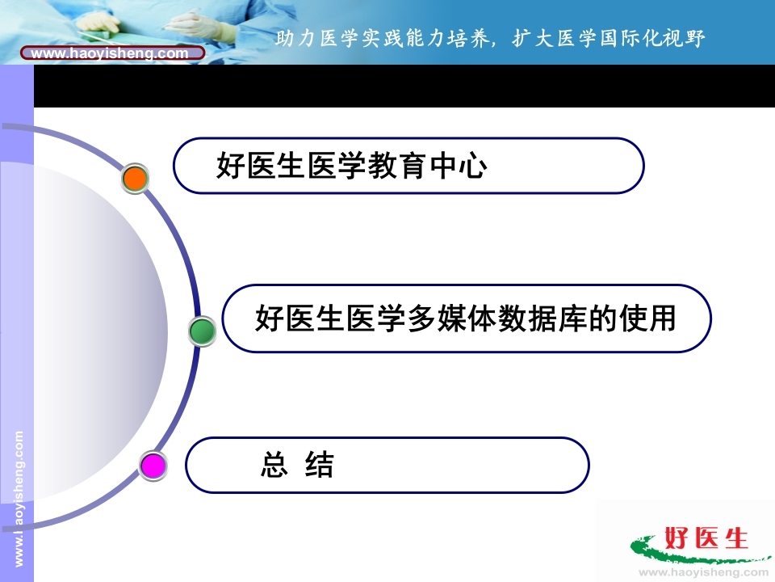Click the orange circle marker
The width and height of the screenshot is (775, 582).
click(135, 179)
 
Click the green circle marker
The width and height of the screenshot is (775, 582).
click(202, 331)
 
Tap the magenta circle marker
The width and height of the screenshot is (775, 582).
click(153, 466)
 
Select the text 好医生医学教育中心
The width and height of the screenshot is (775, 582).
click(352, 165)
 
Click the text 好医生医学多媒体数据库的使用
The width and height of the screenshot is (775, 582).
click(466, 318)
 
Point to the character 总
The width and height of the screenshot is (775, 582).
click(274, 465)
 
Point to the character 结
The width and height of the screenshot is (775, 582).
click(320, 465)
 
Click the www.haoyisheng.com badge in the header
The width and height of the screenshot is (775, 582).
click(113, 53)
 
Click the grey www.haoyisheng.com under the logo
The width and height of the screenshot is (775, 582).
click(704, 572)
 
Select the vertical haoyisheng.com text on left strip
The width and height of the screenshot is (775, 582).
click(19, 498)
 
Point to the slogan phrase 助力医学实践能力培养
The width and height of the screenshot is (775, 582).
click(383, 39)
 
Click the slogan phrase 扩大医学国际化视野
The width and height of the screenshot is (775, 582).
click(609, 39)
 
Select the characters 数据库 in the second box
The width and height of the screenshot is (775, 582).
click(542, 318)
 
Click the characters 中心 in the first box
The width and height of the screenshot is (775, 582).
click(459, 165)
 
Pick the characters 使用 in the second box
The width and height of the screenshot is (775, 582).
click(647, 318)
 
